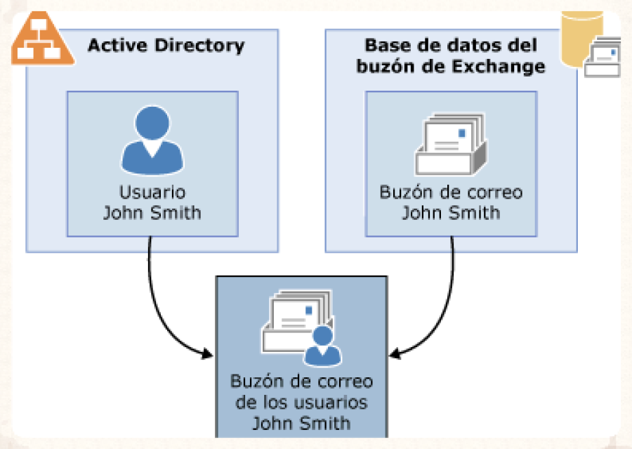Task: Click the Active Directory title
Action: [x=166, y=46]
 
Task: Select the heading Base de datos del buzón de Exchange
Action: [x=451, y=56]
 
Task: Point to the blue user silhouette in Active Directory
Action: [x=152, y=141]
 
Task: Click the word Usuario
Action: [x=152, y=192]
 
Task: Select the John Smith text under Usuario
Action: [x=152, y=213]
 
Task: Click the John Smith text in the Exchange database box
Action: [x=451, y=213]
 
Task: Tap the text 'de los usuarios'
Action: [x=301, y=403]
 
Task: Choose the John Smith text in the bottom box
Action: [x=301, y=423]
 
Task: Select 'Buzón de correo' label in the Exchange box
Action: [x=451, y=192]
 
